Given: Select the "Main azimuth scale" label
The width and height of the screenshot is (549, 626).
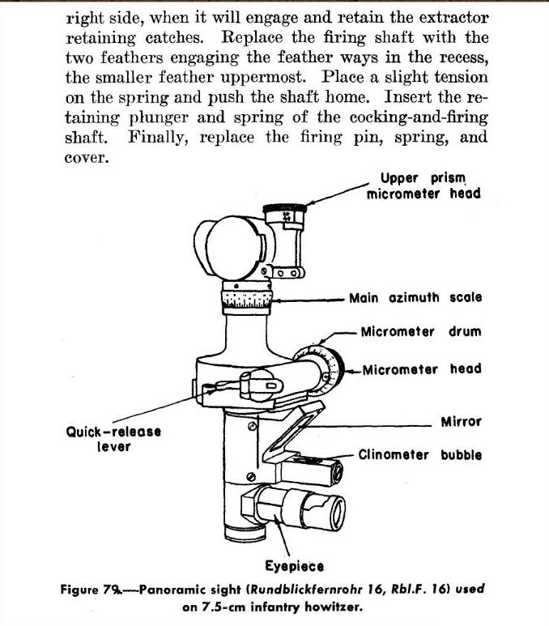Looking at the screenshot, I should pyautogui.click(x=415, y=297).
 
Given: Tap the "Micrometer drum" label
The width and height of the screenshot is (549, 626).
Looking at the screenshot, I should pyautogui.click(x=420, y=332).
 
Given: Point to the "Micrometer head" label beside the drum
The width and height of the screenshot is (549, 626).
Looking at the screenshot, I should pyautogui.click(x=422, y=369).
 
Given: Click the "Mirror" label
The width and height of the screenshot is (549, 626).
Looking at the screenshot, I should pyautogui.click(x=461, y=422).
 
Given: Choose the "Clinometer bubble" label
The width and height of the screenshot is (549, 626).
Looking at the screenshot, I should pyautogui.click(x=419, y=455).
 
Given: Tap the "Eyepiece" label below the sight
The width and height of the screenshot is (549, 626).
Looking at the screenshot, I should pyautogui.click(x=295, y=566).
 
